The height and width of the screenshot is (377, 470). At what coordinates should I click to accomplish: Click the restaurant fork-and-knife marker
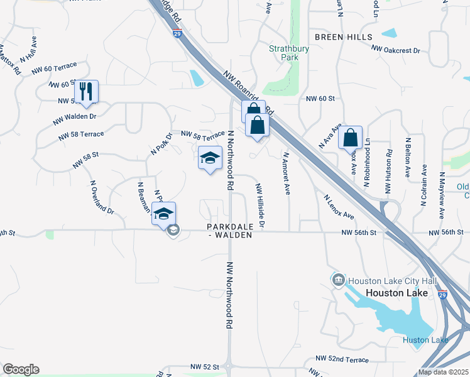click(86, 92)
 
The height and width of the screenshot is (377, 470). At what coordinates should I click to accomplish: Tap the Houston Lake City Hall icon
click(338, 280)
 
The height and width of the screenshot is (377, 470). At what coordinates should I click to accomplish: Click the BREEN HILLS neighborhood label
click(344, 37)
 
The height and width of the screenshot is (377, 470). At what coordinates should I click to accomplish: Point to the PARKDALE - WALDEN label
click(229, 231)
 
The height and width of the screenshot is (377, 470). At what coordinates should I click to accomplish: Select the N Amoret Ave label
click(287, 173)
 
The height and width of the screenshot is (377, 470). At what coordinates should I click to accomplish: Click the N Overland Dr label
click(102, 197)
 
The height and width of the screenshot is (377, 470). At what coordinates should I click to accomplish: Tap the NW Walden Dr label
click(75, 117)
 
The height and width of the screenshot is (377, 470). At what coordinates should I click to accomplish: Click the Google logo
click(21, 369)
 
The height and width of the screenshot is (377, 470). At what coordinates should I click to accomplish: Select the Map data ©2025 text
click(444, 372)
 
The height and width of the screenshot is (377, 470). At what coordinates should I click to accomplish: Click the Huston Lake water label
click(425, 341)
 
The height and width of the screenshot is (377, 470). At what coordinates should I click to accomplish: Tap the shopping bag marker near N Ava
click(351, 138)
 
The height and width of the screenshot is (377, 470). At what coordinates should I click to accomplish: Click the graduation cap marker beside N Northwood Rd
click(210, 158)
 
